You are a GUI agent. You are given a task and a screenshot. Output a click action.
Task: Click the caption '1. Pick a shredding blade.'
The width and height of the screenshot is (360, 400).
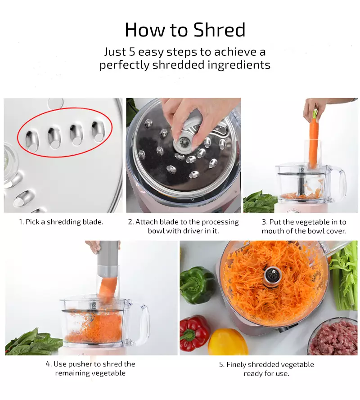(61, 222)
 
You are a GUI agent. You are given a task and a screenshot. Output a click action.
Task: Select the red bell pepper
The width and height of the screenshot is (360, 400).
(194, 333)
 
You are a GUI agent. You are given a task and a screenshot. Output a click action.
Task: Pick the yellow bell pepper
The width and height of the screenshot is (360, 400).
(227, 342)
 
